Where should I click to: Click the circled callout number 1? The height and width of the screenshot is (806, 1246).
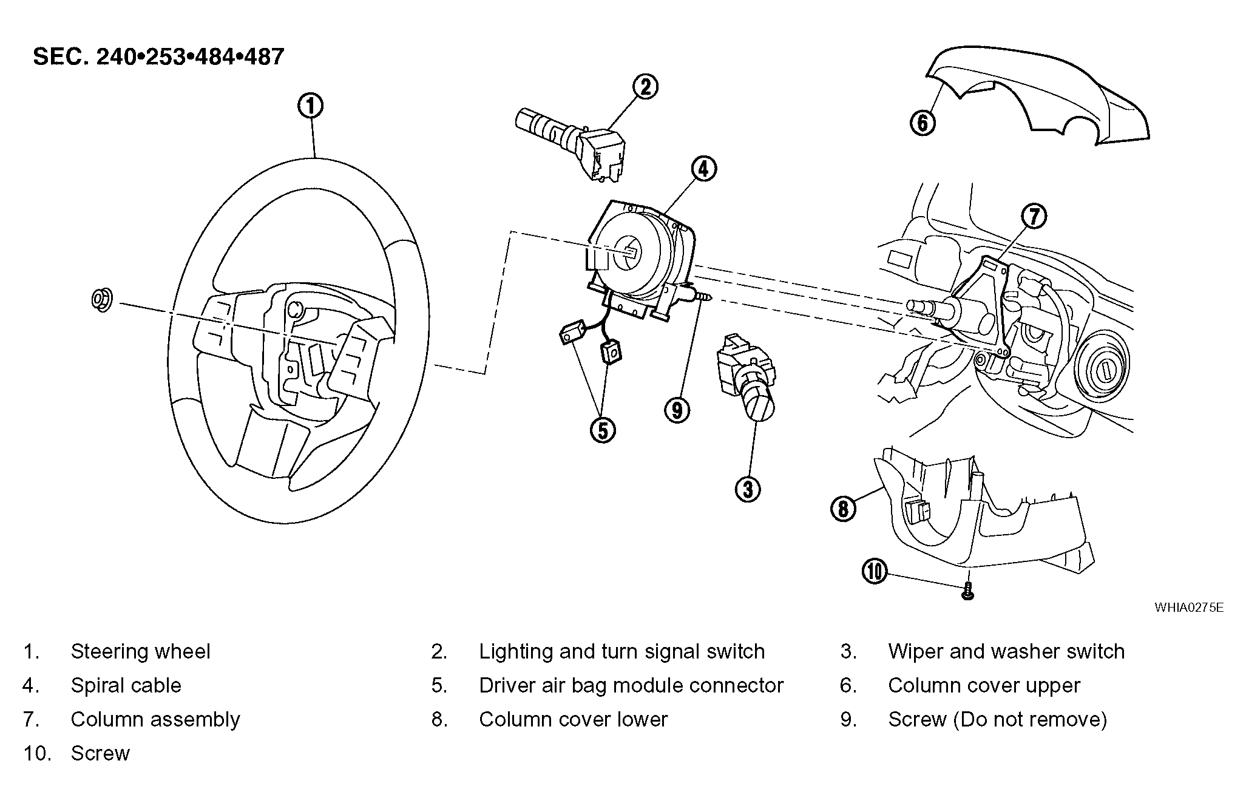point(310,106)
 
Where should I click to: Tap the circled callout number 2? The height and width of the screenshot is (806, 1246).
point(645,86)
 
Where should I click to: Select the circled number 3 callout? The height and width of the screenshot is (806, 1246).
point(748,489)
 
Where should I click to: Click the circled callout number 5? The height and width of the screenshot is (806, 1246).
point(603,430)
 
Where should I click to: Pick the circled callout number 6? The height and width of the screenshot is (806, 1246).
point(923,123)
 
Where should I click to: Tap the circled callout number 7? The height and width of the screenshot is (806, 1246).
point(1034,216)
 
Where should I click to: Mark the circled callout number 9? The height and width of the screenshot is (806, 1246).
point(677,410)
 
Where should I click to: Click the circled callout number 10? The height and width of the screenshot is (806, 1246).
point(875,571)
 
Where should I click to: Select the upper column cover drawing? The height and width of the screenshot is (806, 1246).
point(1037,95)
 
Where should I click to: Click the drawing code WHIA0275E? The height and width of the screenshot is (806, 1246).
point(1189,608)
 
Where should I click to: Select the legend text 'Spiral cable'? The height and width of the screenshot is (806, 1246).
point(126,685)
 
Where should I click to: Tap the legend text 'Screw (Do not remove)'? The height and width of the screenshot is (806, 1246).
point(998,719)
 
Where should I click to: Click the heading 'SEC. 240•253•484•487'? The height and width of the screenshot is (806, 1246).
point(158,56)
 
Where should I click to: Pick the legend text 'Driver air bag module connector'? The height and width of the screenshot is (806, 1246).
point(631,685)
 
